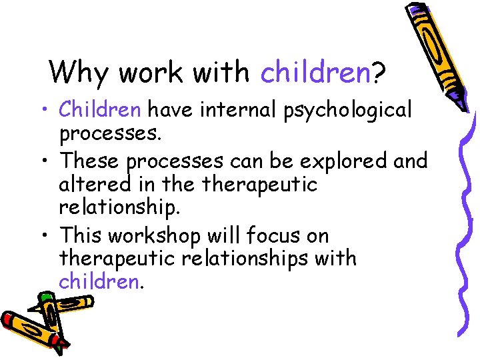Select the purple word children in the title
[315, 72]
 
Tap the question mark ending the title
[378, 72]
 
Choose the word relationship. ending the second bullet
[120, 207]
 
